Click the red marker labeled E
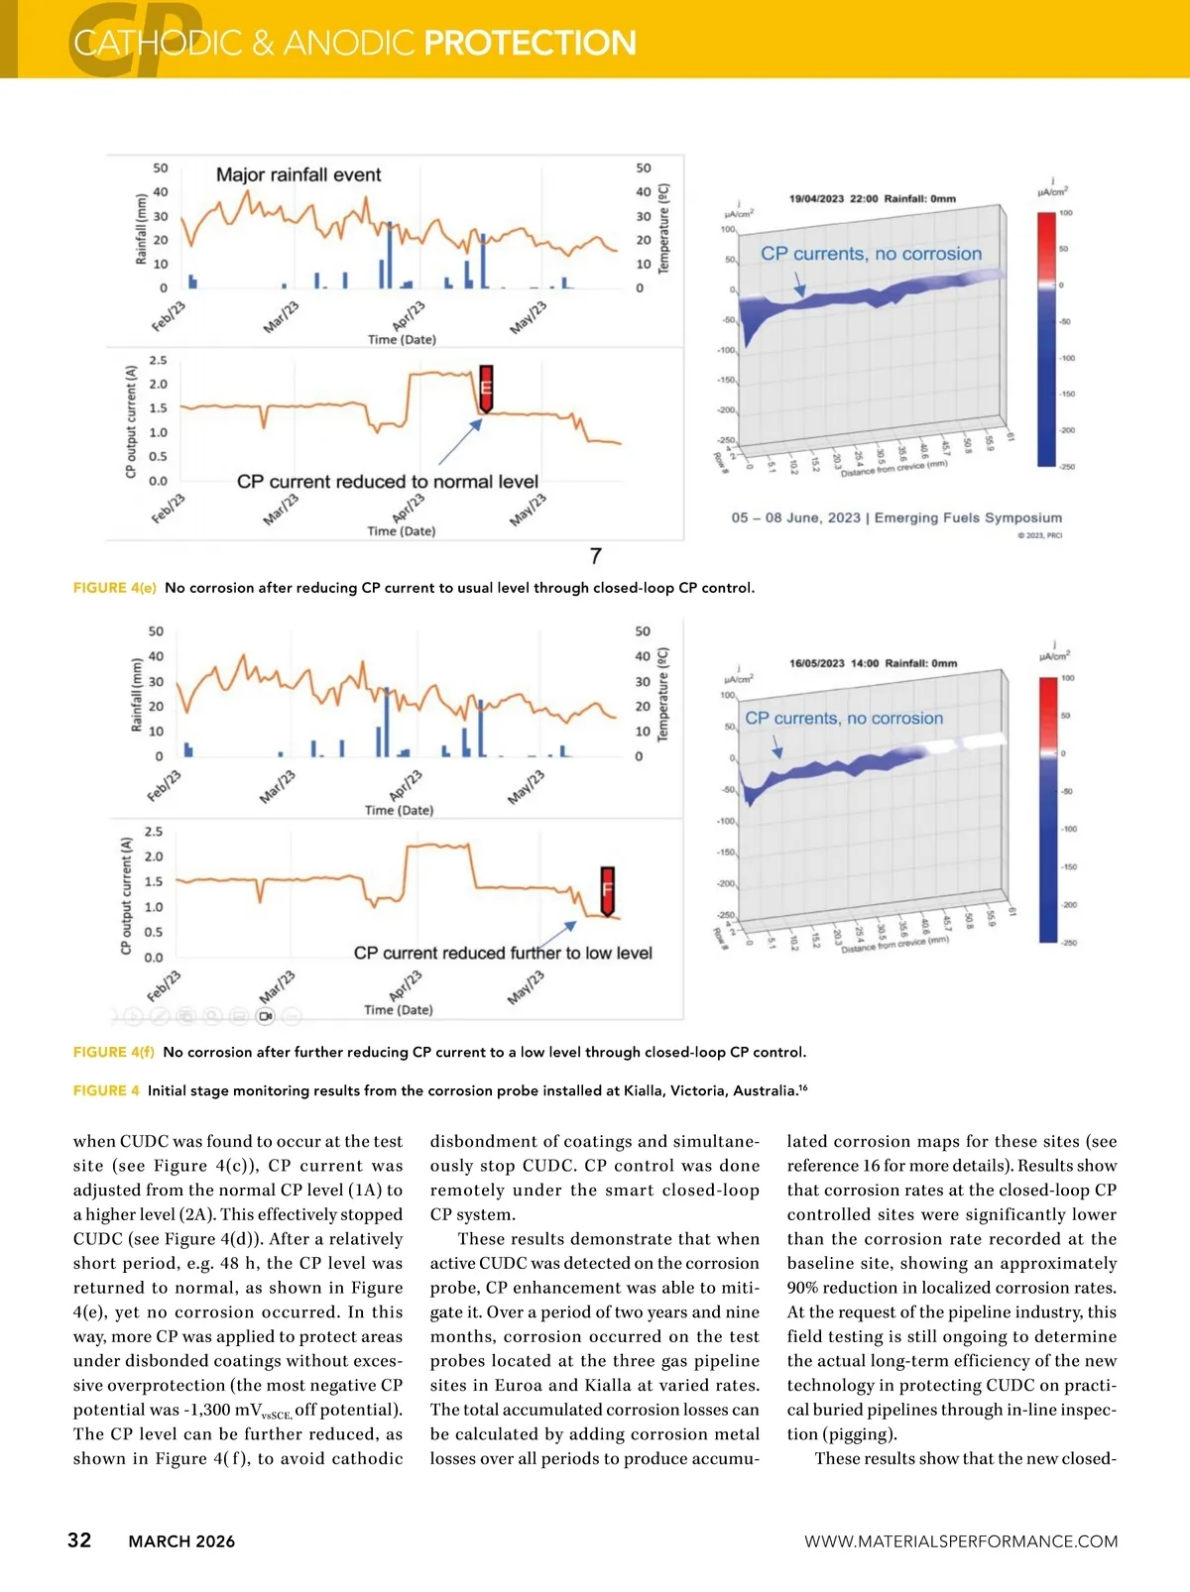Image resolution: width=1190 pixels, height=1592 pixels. coord(486,388)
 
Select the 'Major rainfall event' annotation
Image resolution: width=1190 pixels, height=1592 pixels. coord(298,175)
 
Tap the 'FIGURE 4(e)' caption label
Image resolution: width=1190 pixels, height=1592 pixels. coord(114,588)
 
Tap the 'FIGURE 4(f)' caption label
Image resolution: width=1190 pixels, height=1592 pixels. coord(113,1052)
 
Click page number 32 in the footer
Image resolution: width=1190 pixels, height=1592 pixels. coord(79,1539)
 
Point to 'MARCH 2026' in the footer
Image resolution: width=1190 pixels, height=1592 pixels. coord(181,1541)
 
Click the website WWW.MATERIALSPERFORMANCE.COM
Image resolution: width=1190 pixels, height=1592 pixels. coord(960,1541)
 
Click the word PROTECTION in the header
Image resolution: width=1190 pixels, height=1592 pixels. coord(530,43)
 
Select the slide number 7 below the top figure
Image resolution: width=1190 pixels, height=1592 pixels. coord(595,556)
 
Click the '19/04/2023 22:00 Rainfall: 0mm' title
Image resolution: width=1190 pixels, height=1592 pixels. coord(873,198)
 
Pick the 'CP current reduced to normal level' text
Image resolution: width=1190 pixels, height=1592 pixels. coord(387,482)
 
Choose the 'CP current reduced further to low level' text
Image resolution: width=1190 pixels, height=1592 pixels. coord(503,953)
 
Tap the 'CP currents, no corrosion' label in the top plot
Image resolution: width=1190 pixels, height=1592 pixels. coord(871,254)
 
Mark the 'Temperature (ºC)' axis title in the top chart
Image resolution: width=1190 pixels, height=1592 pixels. coord(664,229)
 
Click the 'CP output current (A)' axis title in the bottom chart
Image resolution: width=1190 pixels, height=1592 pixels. coord(126,896)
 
